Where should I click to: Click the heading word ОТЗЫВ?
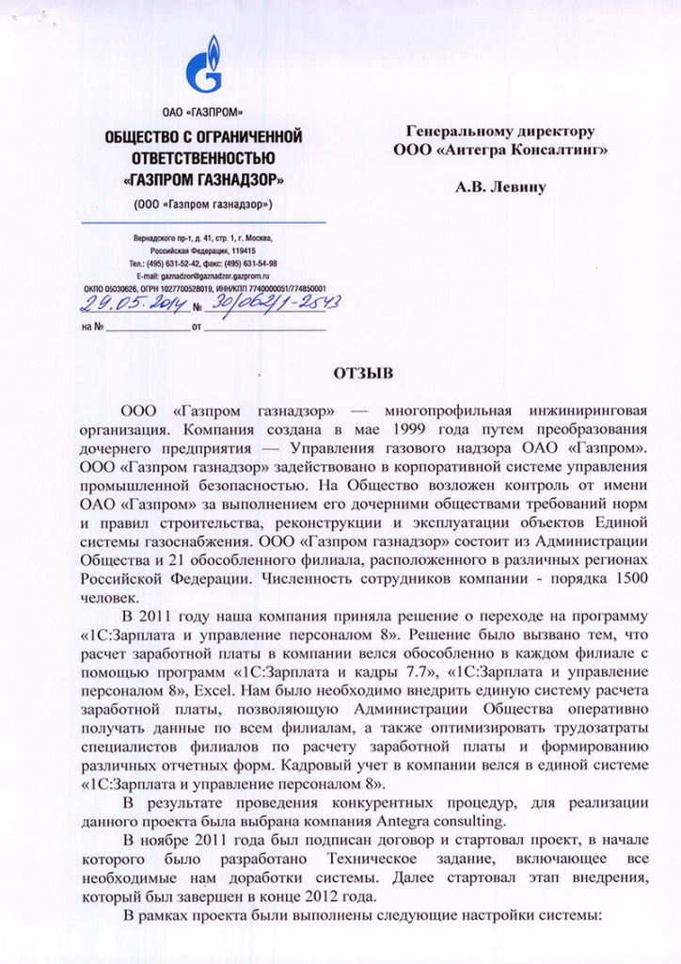tap(361, 373)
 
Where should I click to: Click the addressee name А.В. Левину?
tap(500, 187)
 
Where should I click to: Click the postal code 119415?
tap(242, 252)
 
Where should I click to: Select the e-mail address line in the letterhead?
tap(202, 276)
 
